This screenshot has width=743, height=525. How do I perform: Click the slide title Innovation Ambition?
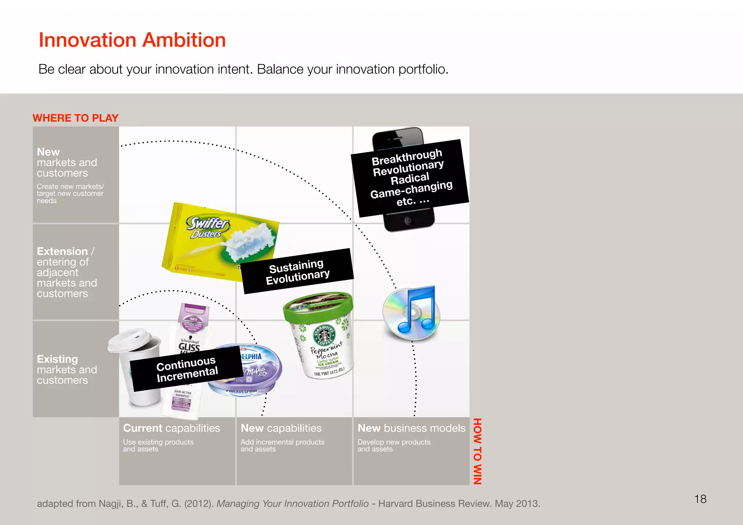[132, 40]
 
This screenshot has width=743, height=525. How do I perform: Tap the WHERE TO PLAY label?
[75, 118]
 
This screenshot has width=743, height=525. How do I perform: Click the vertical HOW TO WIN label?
[477, 451]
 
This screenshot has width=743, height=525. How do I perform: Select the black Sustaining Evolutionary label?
[298, 271]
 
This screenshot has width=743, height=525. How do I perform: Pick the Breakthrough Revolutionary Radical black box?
[410, 178]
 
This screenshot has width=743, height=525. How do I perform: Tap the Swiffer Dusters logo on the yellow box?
[208, 227]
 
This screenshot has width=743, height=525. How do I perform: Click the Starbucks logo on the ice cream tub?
[324, 334]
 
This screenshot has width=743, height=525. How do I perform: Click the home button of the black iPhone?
[409, 220]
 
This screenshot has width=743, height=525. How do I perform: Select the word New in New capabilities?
[252, 428]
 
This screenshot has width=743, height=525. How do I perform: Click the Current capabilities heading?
[171, 428]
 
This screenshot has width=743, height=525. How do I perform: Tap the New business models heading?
[411, 428]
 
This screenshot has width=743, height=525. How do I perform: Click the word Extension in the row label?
[62, 251]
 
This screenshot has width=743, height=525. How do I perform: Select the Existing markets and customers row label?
[67, 369]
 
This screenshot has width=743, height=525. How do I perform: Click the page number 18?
[700, 499]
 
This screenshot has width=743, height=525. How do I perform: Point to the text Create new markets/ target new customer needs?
[70, 194]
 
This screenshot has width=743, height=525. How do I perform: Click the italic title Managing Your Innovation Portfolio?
[292, 504]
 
